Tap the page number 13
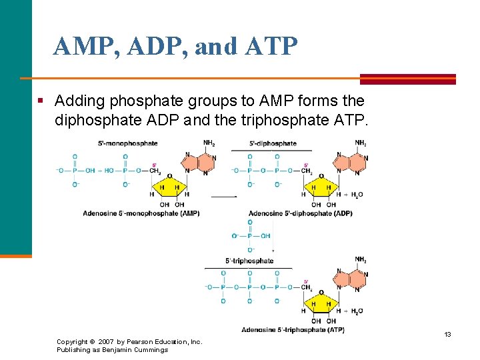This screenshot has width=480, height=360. [448, 334]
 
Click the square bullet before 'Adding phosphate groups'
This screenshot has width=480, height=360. [41, 101]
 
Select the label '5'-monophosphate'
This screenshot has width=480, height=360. [128, 143]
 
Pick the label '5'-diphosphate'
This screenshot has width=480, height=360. [273, 143]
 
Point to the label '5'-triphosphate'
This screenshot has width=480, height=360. [249, 261]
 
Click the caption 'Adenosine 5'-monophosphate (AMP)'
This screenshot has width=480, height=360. [141, 213]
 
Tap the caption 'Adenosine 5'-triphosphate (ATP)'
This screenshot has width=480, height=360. [293, 329]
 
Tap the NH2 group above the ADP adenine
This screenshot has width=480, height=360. [360, 143]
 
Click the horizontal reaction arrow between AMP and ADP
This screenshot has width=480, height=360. [224, 197]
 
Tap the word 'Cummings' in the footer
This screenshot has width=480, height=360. [151, 350]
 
